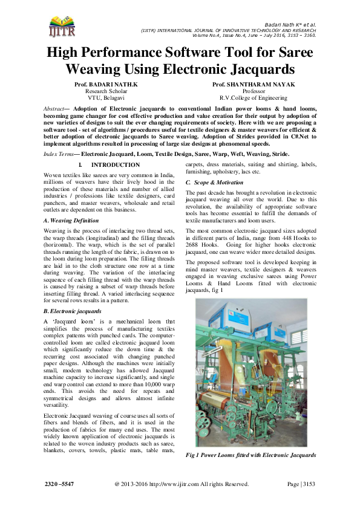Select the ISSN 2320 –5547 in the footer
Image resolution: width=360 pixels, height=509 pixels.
click(x=64, y=484)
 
